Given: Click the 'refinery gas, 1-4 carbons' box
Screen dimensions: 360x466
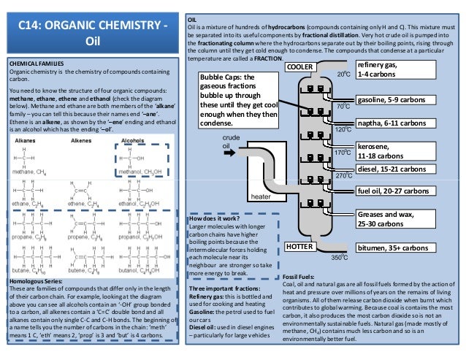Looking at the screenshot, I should pos(389,71).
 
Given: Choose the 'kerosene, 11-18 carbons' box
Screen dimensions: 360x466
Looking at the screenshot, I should pos(382,151).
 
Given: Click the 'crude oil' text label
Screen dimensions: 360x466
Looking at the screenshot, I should pos(231,141).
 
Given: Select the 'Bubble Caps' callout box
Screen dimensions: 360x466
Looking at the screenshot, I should pos(239,100).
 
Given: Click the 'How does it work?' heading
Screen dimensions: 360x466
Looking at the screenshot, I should pos(213,218).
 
